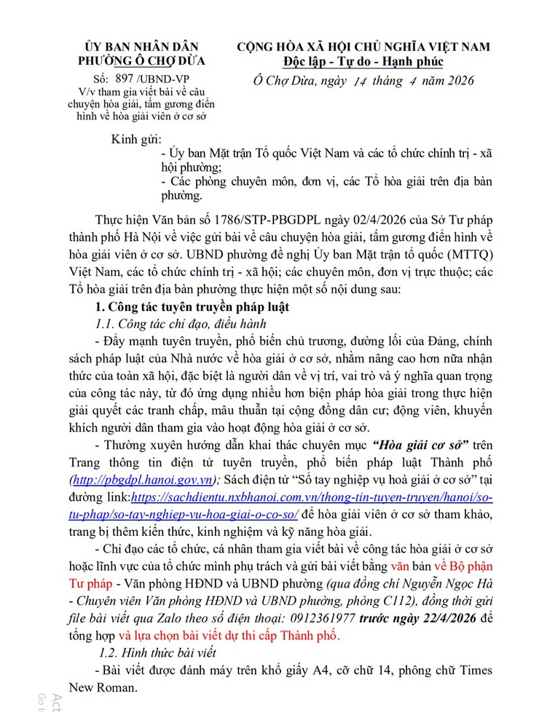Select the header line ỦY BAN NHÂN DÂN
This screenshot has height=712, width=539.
pos(144,47)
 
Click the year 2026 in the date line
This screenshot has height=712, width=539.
pos(453,81)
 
